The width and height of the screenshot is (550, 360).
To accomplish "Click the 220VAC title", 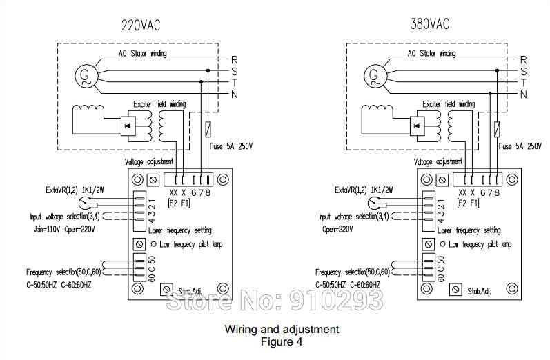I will coord(141,26).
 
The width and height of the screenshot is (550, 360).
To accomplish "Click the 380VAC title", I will coord(429,24).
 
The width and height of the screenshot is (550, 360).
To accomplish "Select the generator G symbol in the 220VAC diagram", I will coord(86,73).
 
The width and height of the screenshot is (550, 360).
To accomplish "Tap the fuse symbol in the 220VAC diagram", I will coord(209,128).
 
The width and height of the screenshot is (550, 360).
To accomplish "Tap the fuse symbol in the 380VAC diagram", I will coord(498,128).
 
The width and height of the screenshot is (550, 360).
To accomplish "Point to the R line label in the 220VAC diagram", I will coord(234,59).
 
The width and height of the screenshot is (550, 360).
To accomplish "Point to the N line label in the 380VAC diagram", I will coord(523,94).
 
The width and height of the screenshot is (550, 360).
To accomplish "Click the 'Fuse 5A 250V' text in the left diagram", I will coord(230,146).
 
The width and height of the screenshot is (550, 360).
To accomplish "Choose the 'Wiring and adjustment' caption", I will coord(282,329).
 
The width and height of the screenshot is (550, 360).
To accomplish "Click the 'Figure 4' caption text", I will coord(282,341).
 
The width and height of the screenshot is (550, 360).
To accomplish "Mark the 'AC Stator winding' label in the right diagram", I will coord(431,53).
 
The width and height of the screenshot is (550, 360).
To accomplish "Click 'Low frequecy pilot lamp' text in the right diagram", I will coord(480,244).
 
